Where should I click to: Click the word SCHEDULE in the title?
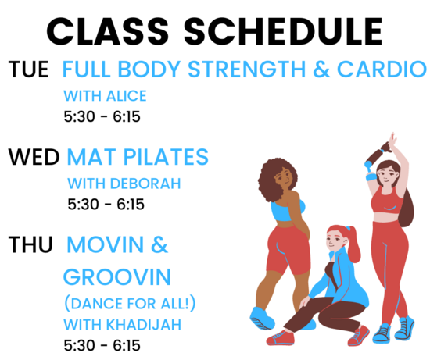[283, 31]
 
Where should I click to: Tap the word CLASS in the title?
[108, 31]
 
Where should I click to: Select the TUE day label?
[28, 70]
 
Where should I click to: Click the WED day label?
[34, 157]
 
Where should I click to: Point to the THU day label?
[30, 244]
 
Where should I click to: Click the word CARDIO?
[382, 69]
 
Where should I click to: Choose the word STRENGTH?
[246, 69]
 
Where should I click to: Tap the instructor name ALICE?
[126, 96]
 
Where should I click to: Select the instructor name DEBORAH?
[145, 184]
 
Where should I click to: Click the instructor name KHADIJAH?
[144, 325]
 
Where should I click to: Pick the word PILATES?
[166, 157]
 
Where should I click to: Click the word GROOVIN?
[117, 277]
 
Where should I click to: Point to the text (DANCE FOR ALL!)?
[130, 304]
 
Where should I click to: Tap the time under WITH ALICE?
[102, 116]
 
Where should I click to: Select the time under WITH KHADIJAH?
[102, 345]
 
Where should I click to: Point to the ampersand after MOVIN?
[159, 244]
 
